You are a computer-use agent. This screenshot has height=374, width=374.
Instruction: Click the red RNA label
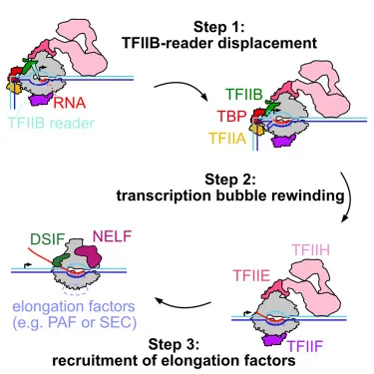click(70, 103)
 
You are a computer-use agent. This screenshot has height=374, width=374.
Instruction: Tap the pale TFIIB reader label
click(51, 123)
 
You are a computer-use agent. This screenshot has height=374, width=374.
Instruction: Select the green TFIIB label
click(243, 95)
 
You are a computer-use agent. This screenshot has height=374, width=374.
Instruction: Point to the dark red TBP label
click(232, 116)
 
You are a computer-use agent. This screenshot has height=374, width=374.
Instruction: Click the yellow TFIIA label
click(227, 138)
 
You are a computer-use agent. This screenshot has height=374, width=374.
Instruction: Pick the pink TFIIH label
click(310, 250)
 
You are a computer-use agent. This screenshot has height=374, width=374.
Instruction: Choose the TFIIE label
click(251, 275)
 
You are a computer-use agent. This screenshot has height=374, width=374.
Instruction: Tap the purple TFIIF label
click(305, 346)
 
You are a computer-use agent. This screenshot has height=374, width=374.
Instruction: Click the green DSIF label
click(47, 239)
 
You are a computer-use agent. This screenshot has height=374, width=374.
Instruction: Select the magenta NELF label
click(112, 236)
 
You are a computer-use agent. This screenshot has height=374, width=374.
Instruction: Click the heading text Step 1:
click(219, 27)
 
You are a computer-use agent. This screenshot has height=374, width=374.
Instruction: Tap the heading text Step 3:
click(174, 344)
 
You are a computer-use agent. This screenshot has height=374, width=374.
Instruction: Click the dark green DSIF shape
click(61, 260)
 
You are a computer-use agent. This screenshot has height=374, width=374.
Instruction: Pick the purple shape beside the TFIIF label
click(274, 339)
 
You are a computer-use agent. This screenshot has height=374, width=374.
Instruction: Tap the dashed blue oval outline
click(75, 290)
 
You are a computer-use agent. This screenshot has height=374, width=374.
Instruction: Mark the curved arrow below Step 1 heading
click(183, 87)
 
